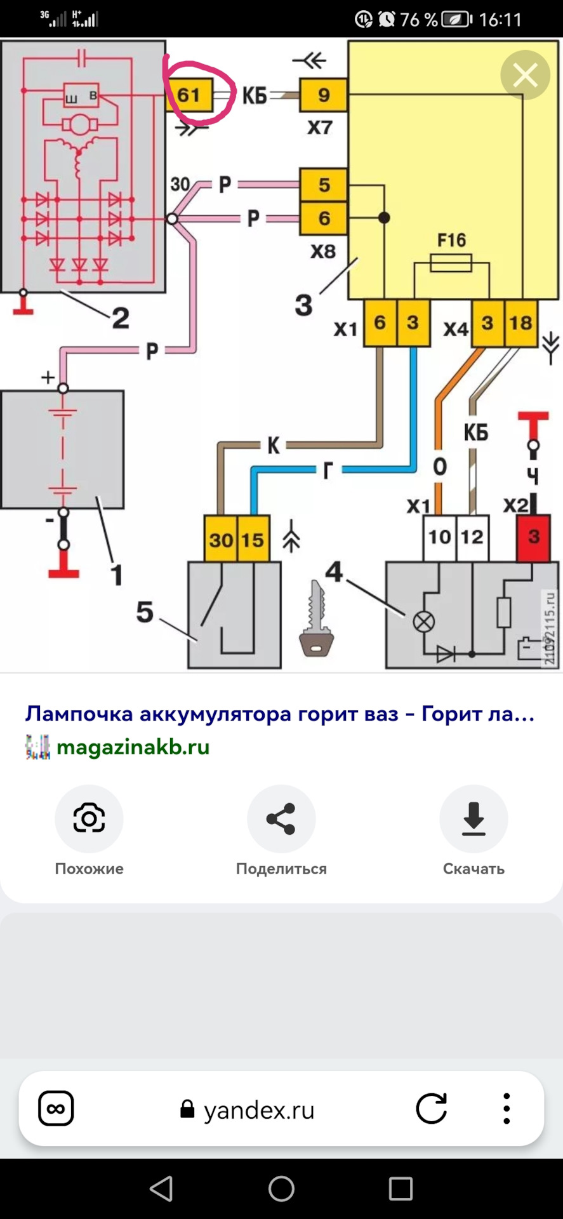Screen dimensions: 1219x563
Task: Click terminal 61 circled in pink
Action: (189, 95)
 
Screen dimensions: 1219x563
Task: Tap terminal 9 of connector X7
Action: (324, 95)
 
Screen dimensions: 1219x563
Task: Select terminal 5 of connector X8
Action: (324, 185)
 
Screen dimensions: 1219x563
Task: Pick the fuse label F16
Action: (451, 240)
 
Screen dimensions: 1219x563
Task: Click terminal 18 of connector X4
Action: (520, 323)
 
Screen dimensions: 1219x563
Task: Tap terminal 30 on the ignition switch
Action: (221, 539)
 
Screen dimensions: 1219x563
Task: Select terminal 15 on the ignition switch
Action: (253, 539)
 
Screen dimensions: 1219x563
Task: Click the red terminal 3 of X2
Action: (533, 537)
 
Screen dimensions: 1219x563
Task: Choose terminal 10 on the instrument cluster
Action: (439, 537)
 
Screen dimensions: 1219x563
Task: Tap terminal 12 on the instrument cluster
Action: (472, 537)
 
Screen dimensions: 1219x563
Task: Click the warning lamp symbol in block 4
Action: (423, 621)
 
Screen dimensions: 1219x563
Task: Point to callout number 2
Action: (121, 317)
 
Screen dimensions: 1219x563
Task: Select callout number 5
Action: (145, 612)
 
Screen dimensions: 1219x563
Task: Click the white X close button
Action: (525, 76)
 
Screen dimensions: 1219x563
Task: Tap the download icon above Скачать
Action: (474, 818)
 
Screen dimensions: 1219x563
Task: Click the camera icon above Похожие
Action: (89, 818)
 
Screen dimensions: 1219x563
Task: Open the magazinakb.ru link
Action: (133, 747)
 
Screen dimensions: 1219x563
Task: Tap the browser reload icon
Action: (432, 1109)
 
